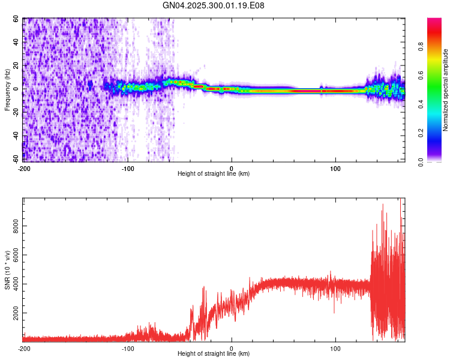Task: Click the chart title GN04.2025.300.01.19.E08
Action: tap(214, 5)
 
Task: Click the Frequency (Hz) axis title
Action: tap(7, 90)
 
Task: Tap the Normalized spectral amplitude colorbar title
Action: tap(446, 90)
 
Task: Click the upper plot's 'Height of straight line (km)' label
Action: tap(214, 173)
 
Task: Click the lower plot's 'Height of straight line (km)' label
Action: tap(214, 353)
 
